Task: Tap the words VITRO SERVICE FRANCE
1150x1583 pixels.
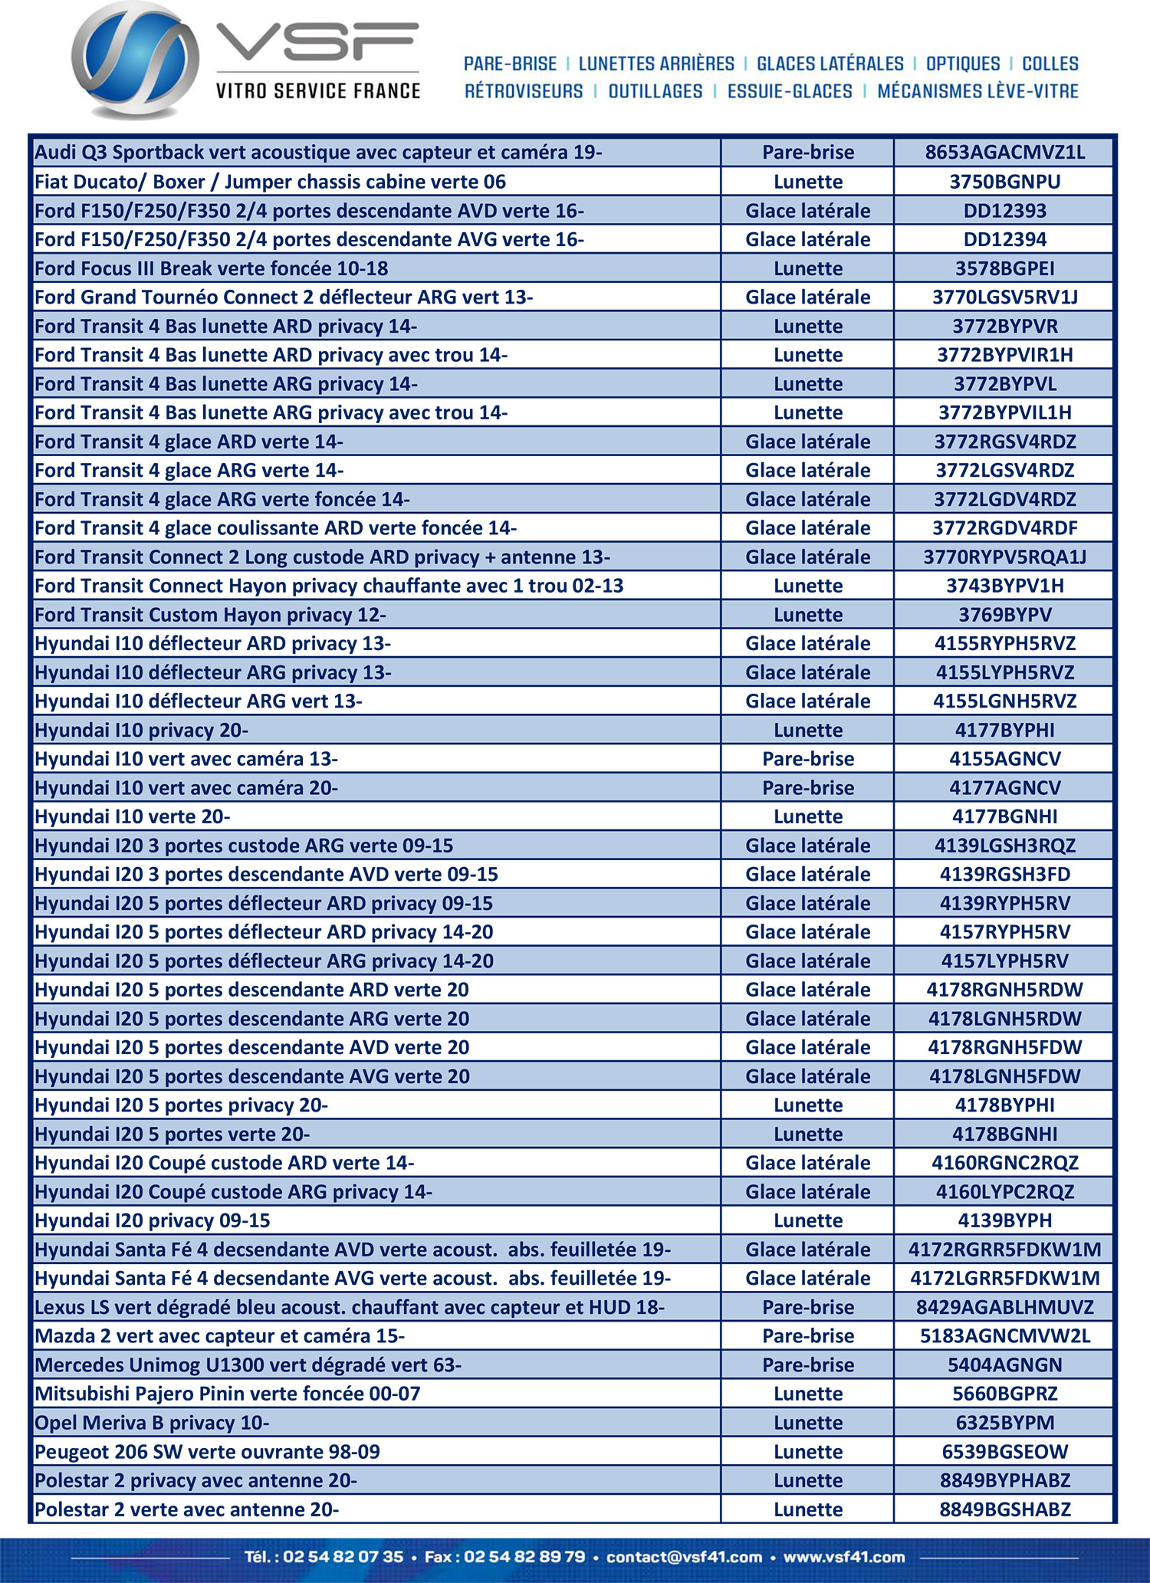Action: point(318,91)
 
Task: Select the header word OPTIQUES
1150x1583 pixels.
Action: point(963,64)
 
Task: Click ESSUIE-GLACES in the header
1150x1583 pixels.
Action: point(790,91)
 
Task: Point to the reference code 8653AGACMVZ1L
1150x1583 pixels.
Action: point(1004,153)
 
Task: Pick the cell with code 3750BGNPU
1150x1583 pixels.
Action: point(1004,182)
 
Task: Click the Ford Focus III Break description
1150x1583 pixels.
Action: point(212,268)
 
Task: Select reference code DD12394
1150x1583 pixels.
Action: point(1004,239)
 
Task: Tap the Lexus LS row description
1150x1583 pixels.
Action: point(350,1307)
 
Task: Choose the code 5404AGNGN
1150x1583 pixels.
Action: point(1004,1365)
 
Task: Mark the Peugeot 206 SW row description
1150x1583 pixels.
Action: point(207,1451)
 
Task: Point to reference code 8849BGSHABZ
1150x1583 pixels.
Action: point(1004,1509)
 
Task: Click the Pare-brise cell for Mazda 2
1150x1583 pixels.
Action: point(808,1336)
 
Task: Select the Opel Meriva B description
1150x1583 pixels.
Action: point(152,1423)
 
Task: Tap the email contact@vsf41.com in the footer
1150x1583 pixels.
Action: point(684,1557)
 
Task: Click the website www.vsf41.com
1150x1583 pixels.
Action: point(844,1557)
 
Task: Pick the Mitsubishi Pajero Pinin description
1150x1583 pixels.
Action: point(228,1394)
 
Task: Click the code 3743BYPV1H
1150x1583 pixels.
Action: point(1004,586)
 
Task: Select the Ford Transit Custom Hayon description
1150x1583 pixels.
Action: point(210,615)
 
